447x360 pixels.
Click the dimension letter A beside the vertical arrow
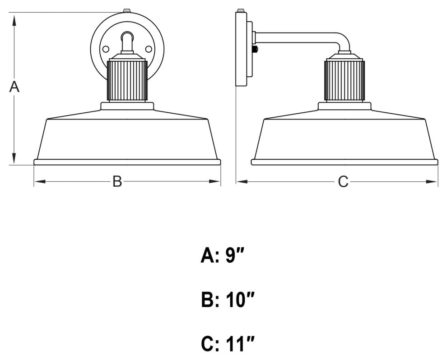coord(14,87)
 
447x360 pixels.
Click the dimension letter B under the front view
coord(117,182)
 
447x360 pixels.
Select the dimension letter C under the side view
coord(343,182)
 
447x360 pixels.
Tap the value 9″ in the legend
coord(234,256)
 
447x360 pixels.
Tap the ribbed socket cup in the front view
coord(127,80)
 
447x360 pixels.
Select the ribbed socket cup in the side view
coord(345,80)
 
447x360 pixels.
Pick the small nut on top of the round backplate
coord(127,10)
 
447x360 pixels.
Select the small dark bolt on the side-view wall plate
coord(256,49)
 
